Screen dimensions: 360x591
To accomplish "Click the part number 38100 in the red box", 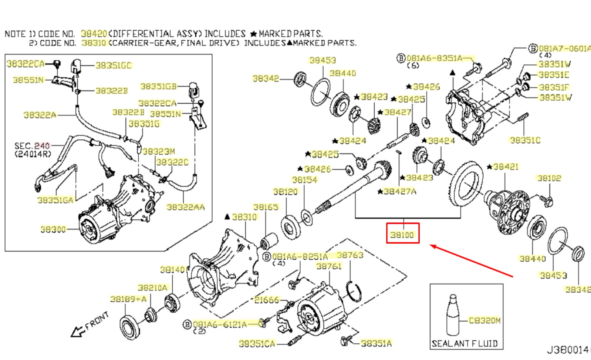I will tap(402, 235).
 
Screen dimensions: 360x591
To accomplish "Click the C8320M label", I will tap(484, 320).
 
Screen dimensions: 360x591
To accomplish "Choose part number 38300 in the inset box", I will tap(53, 230).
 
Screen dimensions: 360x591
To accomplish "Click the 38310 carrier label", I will tap(244, 217).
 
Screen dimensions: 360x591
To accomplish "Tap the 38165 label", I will tap(266, 207).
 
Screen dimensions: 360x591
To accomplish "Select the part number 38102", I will tap(549, 178).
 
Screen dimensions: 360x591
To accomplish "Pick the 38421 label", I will tap(505, 167).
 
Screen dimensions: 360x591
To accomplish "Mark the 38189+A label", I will tap(128, 299).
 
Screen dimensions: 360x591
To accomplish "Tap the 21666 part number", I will tap(267, 300).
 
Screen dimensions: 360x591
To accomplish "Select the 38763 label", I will tap(350, 255).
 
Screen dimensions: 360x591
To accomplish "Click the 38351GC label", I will tap(114, 65).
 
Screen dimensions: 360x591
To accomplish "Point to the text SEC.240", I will tap(33, 146).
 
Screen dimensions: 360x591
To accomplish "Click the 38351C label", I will tap(525, 140).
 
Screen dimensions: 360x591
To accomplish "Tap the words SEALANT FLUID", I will tap(465, 343).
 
